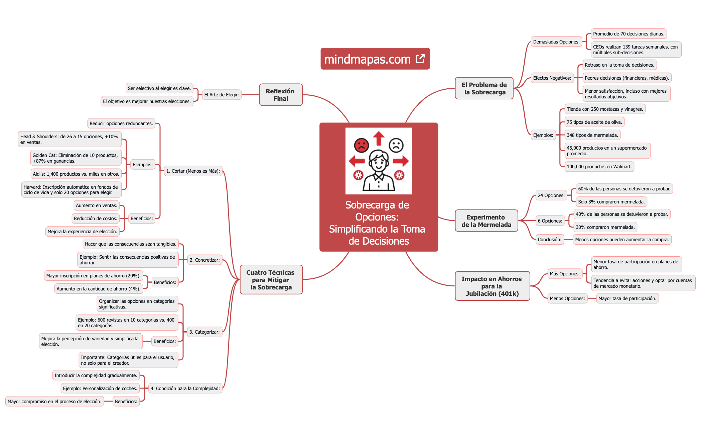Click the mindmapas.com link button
(x=368, y=59)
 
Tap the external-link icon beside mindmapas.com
(x=420, y=59)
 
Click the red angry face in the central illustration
(x=361, y=145)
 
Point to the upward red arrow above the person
(x=379, y=138)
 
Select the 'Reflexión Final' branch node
(x=281, y=95)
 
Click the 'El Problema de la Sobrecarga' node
(x=484, y=88)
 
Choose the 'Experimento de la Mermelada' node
(x=486, y=221)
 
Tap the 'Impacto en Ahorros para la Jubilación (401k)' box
(x=492, y=286)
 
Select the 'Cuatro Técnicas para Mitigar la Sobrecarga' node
(x=271, y=280)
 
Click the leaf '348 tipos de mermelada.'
(x=592, y=135)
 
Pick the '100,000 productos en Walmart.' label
(x=599, y=167)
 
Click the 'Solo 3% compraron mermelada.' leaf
(x=611, y=202)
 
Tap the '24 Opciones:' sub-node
(x=551, y=195)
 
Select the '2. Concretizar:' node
(x=204, y=260)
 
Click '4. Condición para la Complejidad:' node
(x=185, y=388)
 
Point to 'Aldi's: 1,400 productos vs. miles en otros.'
(x=76, y=174)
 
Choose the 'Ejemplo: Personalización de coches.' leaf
(x=100, y=388)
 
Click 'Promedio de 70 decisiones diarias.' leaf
(x=628, y=34)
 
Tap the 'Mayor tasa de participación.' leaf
(x=627, y=298)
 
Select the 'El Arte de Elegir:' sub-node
(x=222, y=95)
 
